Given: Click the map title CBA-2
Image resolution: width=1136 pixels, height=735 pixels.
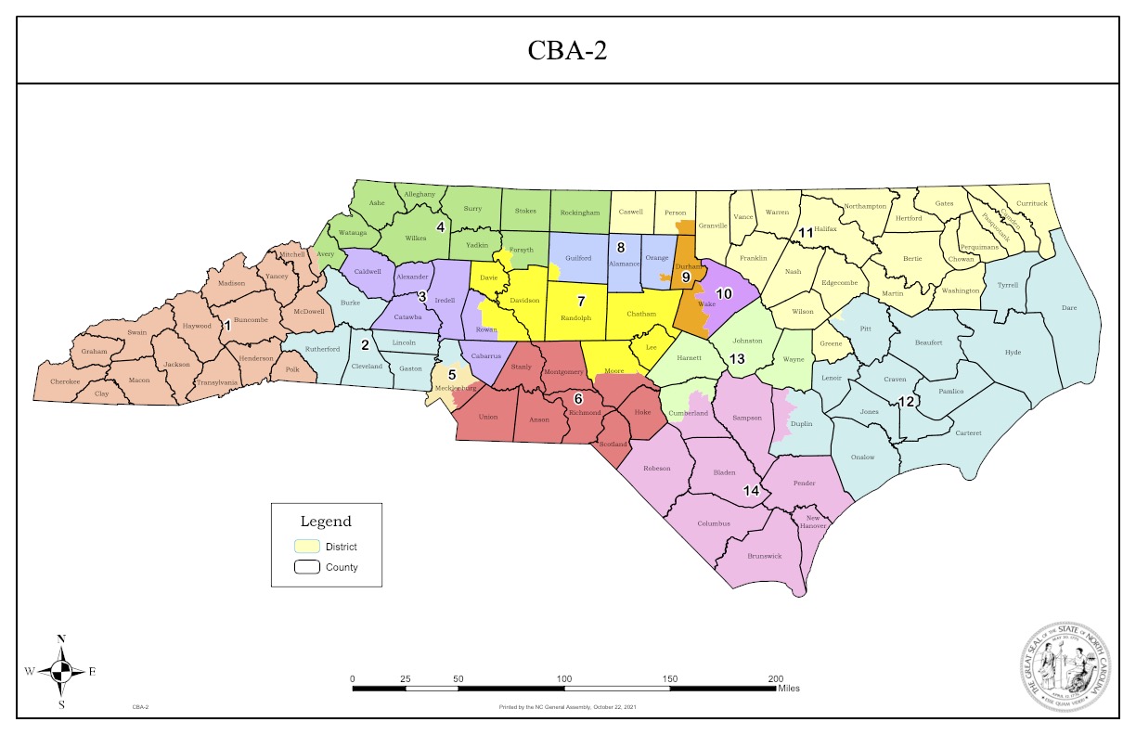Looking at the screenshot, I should (x=567, y=50).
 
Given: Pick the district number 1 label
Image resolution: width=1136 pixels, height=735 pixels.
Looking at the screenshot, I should (x=226, y=325).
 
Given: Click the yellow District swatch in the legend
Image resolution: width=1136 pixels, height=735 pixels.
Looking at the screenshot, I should (x=307, y=547).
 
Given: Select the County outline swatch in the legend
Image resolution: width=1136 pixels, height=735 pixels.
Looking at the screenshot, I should (x=307, y=567).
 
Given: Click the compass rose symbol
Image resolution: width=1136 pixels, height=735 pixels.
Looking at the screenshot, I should (x=61, y=671).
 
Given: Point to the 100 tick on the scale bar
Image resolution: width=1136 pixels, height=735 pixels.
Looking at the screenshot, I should (x=563, y=678).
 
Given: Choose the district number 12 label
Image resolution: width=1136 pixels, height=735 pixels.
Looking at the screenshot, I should (x=906, y=402).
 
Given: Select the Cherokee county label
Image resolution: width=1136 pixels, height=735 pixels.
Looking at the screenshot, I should (x=65, y=381).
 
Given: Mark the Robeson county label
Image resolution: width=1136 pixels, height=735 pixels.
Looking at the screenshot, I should (x=657, y=469).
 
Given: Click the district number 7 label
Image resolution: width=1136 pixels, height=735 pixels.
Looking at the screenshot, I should (x=581, y=301).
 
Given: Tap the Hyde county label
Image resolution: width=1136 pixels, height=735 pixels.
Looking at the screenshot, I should (x=1012, y=353).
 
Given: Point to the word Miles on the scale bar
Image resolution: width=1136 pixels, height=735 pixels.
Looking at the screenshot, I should (x=789, y=689).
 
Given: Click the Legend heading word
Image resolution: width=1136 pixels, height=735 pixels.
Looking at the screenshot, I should (x=326, y=522).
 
